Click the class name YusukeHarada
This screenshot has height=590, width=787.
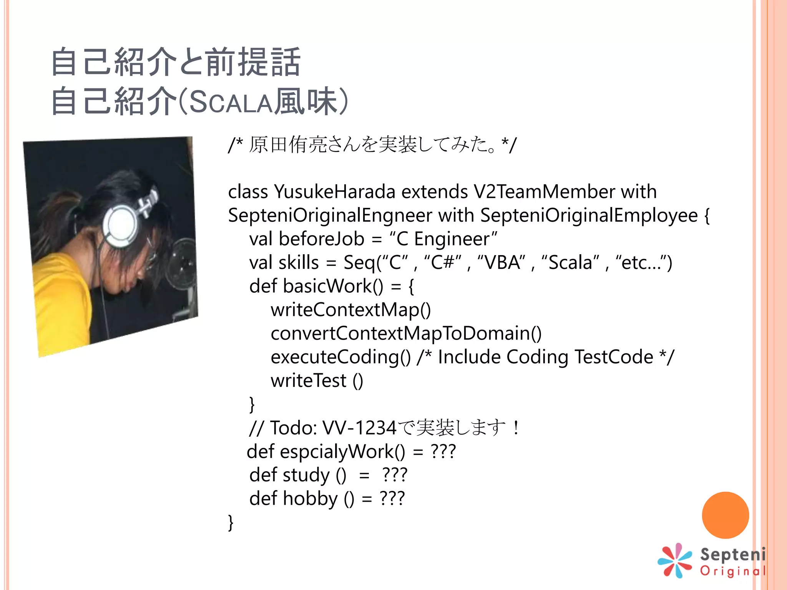tap(334, 192)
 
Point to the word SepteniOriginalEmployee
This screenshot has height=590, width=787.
tap(589, 215)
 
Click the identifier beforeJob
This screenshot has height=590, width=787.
tap(321, 239)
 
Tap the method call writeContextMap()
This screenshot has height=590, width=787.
tap(350, 310)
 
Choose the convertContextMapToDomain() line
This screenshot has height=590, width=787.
tap(406, 333)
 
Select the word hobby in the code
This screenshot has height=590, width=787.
tap(310, 499)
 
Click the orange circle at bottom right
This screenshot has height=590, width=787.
tap(725, 515)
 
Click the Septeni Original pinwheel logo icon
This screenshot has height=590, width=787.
tap(675, 561)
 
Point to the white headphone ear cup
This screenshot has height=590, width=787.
tap(122, 224)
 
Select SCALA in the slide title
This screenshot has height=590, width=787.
tap(231, 102)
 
